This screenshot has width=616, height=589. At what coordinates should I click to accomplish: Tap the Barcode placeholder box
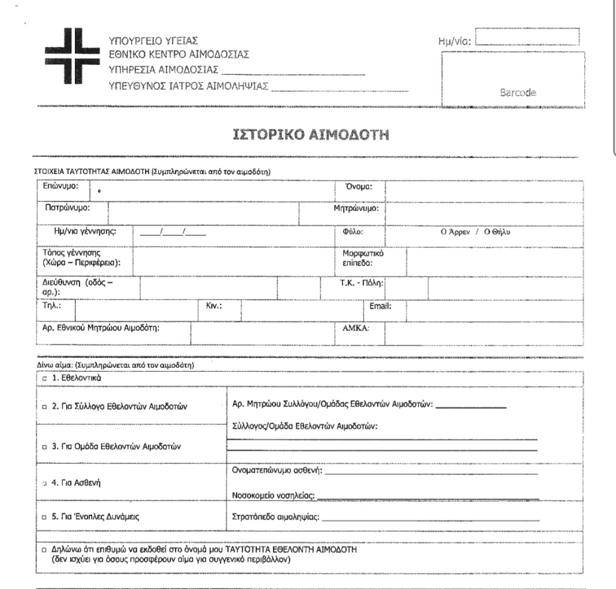pyautogui.click(x=512, y=79)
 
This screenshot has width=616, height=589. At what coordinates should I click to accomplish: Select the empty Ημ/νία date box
pyautogui.click(x=528, y=36)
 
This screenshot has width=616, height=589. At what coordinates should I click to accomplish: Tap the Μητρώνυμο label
pyautogui.click(x=355, y=209)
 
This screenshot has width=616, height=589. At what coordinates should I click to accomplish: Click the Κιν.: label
pyautogui.click(x=213, y=307)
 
